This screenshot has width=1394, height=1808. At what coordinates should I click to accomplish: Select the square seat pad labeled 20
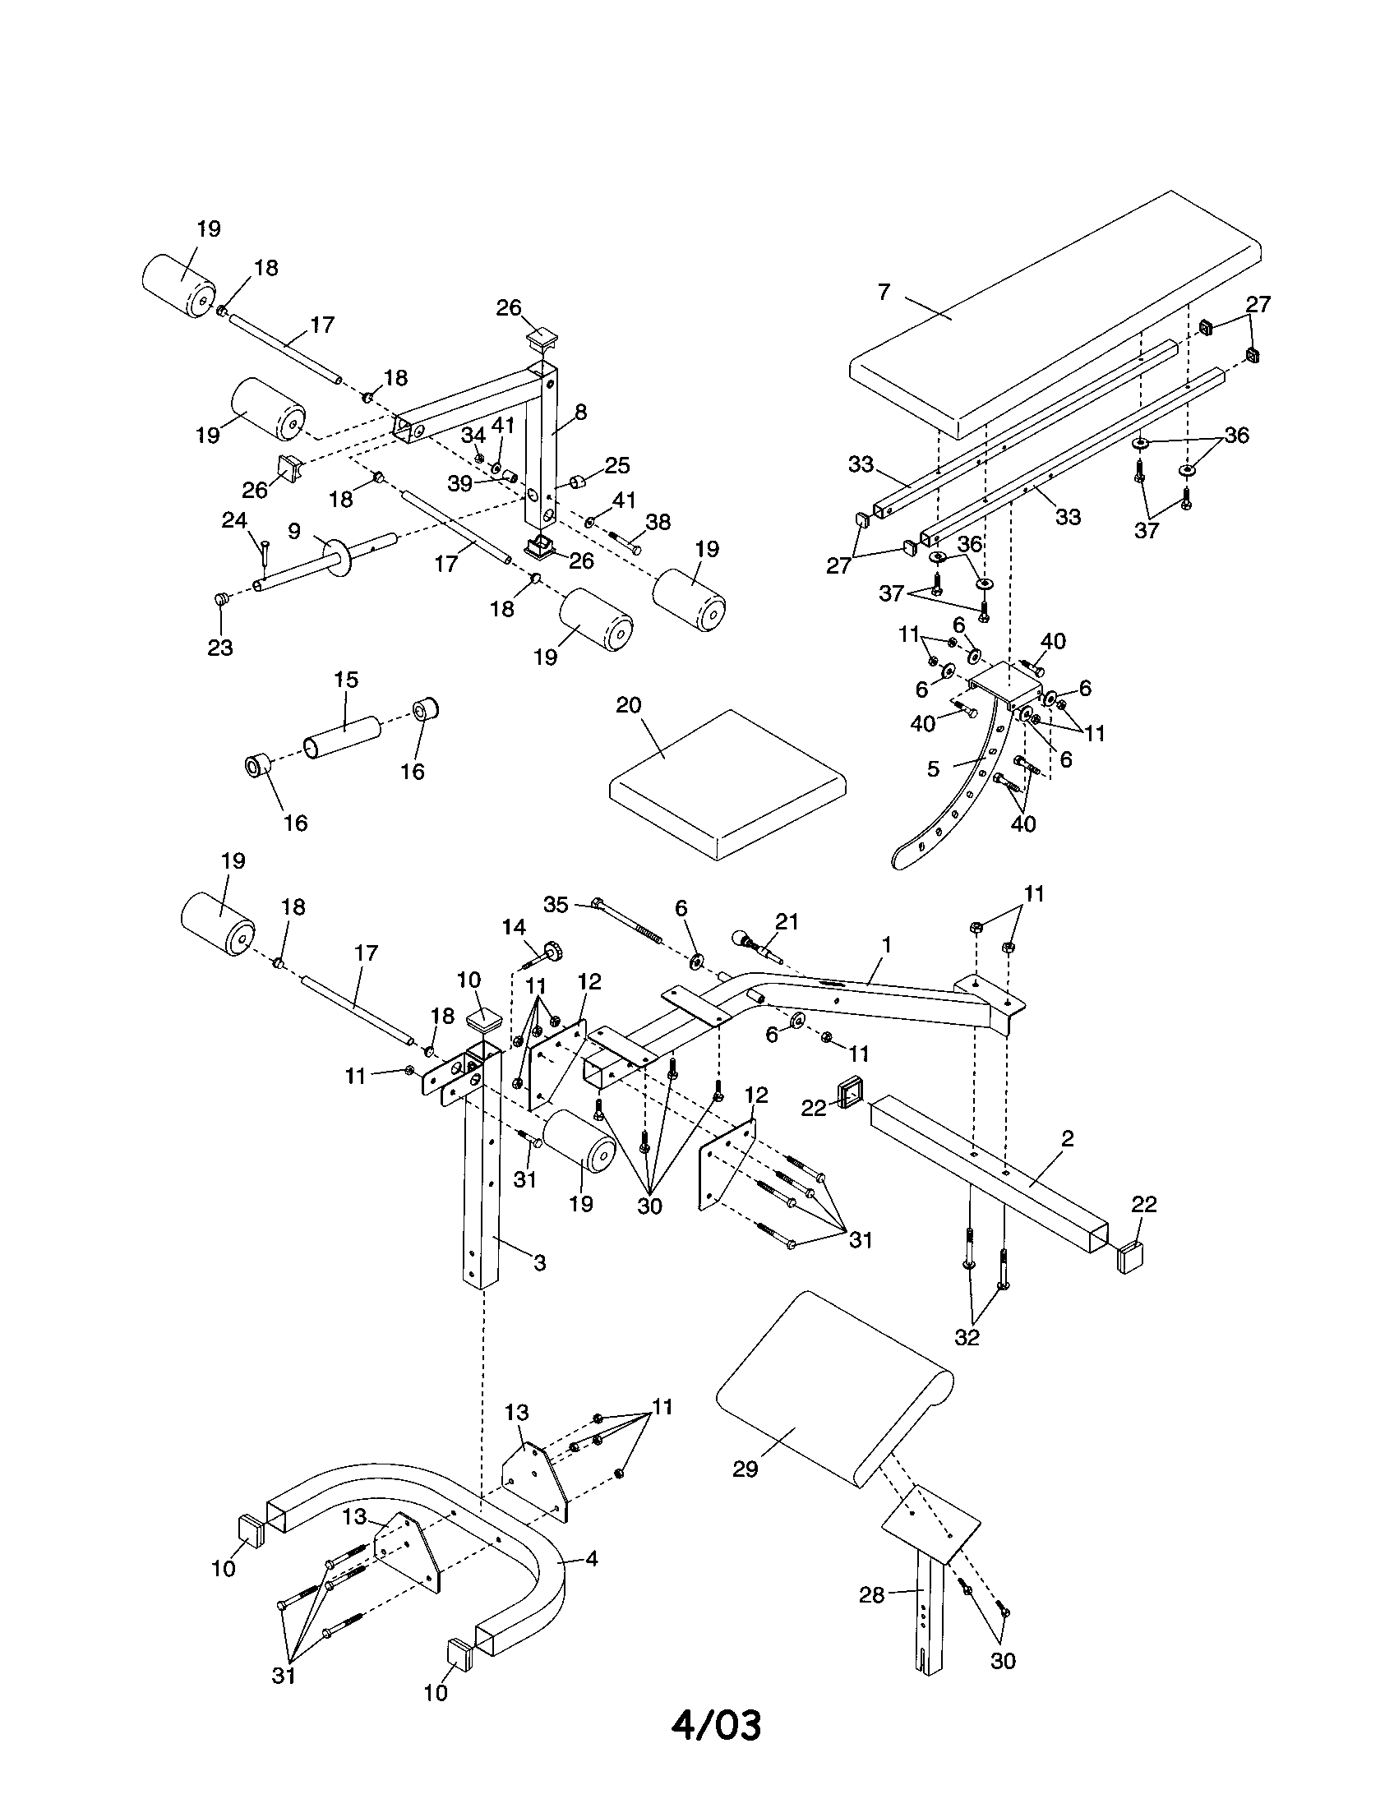click(728, 786)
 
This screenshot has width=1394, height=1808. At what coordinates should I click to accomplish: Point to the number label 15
click(346, 680)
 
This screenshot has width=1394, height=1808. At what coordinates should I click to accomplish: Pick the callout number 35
click(556, 905)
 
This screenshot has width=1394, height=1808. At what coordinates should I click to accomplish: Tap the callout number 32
click(967, 1337)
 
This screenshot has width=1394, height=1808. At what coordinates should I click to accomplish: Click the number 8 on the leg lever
click(580, 412)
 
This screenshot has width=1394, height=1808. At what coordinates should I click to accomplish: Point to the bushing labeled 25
click(577, 482)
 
